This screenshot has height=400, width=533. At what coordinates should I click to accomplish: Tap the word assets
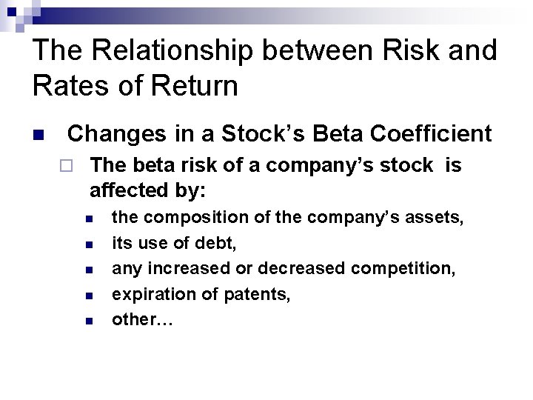click(x=437, y=218)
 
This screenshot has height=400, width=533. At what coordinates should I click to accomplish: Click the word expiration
click(x=147, y=294)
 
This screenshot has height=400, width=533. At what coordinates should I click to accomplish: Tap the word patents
click(x=259, y=294)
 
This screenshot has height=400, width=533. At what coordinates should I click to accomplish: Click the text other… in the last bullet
click(x=136, y=319)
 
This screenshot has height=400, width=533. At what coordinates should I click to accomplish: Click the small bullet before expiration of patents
click(x=88, y=296)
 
